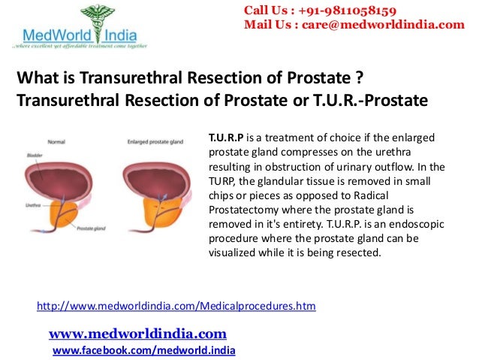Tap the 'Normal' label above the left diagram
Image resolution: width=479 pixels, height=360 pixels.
(56, 141)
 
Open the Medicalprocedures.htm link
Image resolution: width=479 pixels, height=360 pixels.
(176, 306)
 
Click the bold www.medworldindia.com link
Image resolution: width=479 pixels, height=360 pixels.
(137, 333)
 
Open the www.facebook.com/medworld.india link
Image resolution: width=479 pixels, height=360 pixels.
(143, 350)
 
